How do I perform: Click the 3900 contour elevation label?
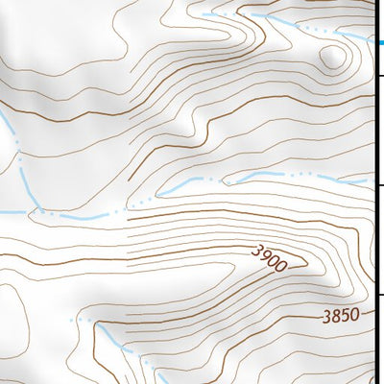(269, 256)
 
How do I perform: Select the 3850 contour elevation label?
(341, 314)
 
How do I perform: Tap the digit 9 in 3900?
(264, 254)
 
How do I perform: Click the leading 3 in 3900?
(256, 250)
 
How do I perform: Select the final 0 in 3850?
(355, 314)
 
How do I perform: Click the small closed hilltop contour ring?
(333, 58)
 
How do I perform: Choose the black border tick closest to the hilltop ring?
(378, 76)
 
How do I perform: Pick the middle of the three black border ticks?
(378, 186)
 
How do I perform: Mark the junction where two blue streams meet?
(38, 209)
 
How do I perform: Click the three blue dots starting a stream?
(80, 319)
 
